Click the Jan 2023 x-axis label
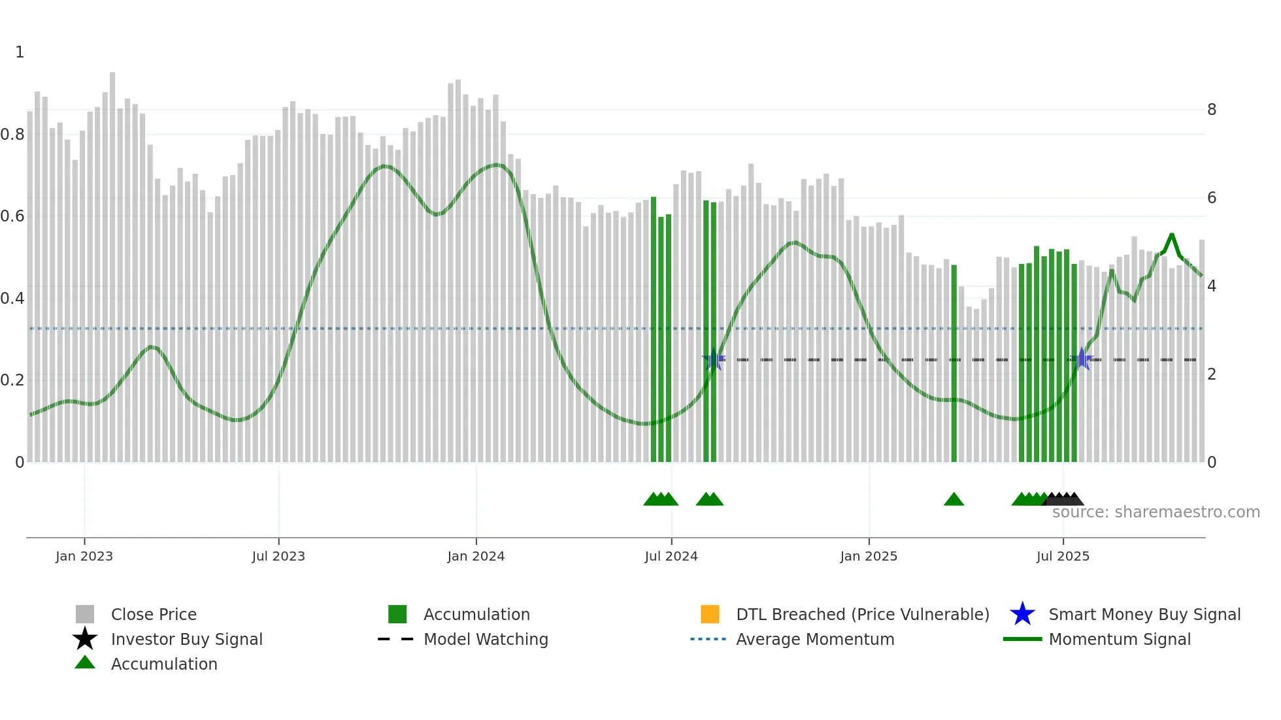[x=84, y=556]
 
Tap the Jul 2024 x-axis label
[x=671, y=556]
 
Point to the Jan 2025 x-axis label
[x=869, y=556]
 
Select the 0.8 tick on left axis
[x=12, y=135]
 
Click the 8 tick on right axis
[x=1212, y=110]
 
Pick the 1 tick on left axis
[x=20, y=52]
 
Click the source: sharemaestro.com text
[x=1156, y=512]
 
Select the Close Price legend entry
[x=154, y=614]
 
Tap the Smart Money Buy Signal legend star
[x=1022, y=614]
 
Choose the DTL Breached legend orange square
[x=710, y=614]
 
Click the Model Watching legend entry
[x=485, y=639]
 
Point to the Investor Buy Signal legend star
[x=85, y=639]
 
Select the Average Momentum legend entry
[x=814, y=639]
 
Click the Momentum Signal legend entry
[x=1119, y=639]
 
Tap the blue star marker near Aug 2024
[x=714, y=359]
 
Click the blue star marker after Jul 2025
[x=1082, y=359]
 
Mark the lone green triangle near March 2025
[x=954, y=500]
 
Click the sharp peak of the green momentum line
[x=1172, y=235]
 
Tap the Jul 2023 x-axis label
[x=278, y=556]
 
